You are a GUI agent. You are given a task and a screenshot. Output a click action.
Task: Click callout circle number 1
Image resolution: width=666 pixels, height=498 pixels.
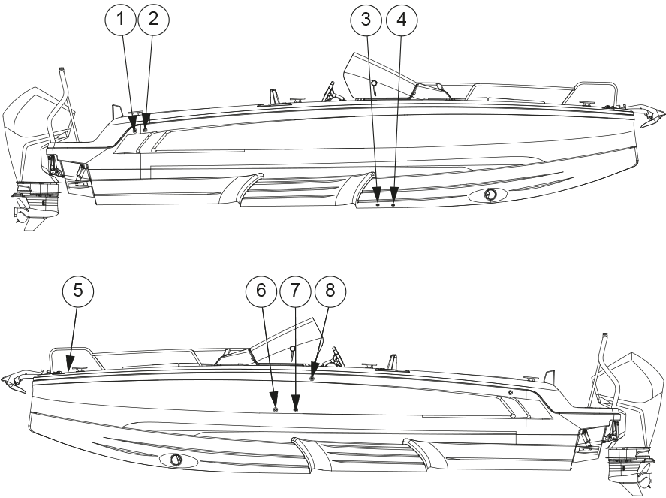pyautogui.click(x=121, y=19)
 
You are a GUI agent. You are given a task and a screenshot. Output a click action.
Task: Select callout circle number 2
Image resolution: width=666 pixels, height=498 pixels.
pyautogui.click(x=153, y=19)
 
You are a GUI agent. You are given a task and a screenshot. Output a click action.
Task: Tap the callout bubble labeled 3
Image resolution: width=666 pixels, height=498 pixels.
pyautogui.click(x=366, y=19)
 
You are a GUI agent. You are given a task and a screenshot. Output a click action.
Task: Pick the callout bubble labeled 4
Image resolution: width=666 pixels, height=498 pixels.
pyautogui.click(x=402, y=19)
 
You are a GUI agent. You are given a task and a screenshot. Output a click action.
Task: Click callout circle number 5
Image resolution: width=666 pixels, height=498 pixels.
pyautogui.click(x=78, y=291)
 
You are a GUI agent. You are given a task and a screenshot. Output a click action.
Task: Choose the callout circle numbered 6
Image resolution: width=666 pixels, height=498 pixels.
pyautogui.click(x=261, y=291)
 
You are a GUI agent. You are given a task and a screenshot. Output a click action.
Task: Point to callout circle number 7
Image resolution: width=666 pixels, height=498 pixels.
pyautogui.click(x=295, y=291)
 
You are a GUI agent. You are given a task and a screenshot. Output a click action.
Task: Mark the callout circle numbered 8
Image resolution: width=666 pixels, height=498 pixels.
pyautogui.click(x=330, y=291)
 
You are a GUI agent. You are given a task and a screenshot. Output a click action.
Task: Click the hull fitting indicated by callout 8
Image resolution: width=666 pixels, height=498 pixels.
pyautogui.click(x=312, y=378)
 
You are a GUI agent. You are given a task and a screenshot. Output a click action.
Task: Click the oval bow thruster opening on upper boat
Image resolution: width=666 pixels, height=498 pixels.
pyautogui.click(x=488, y=195)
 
